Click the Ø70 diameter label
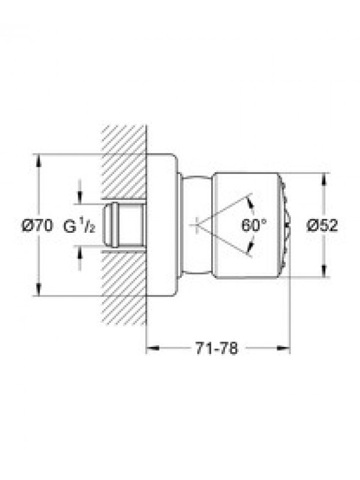pos(37,226)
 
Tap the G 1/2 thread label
pos(80,226)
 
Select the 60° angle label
pos(254,226)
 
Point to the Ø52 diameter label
pos(322,226)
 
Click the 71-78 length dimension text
pos(217,348)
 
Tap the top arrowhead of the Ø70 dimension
pos(38,160)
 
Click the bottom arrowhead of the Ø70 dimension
pos(38,290)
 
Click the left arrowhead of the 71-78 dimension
pos(153,348)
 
